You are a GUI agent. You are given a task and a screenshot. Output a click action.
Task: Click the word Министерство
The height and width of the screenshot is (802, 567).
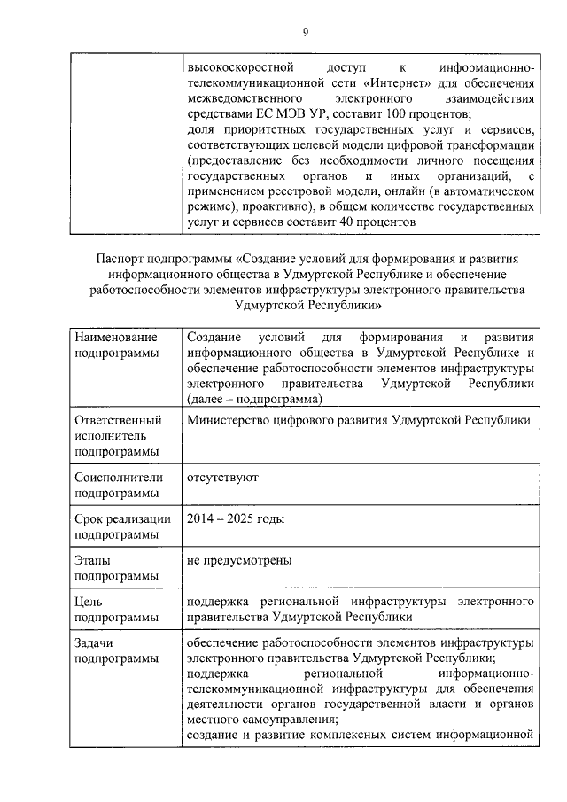click(x=229, y=420)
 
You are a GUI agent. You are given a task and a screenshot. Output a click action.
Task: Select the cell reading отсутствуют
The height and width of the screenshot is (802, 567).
click(x=222, y=478)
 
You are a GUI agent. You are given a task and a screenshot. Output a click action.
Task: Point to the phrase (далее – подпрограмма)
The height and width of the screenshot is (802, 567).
click(x=253, y=400)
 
